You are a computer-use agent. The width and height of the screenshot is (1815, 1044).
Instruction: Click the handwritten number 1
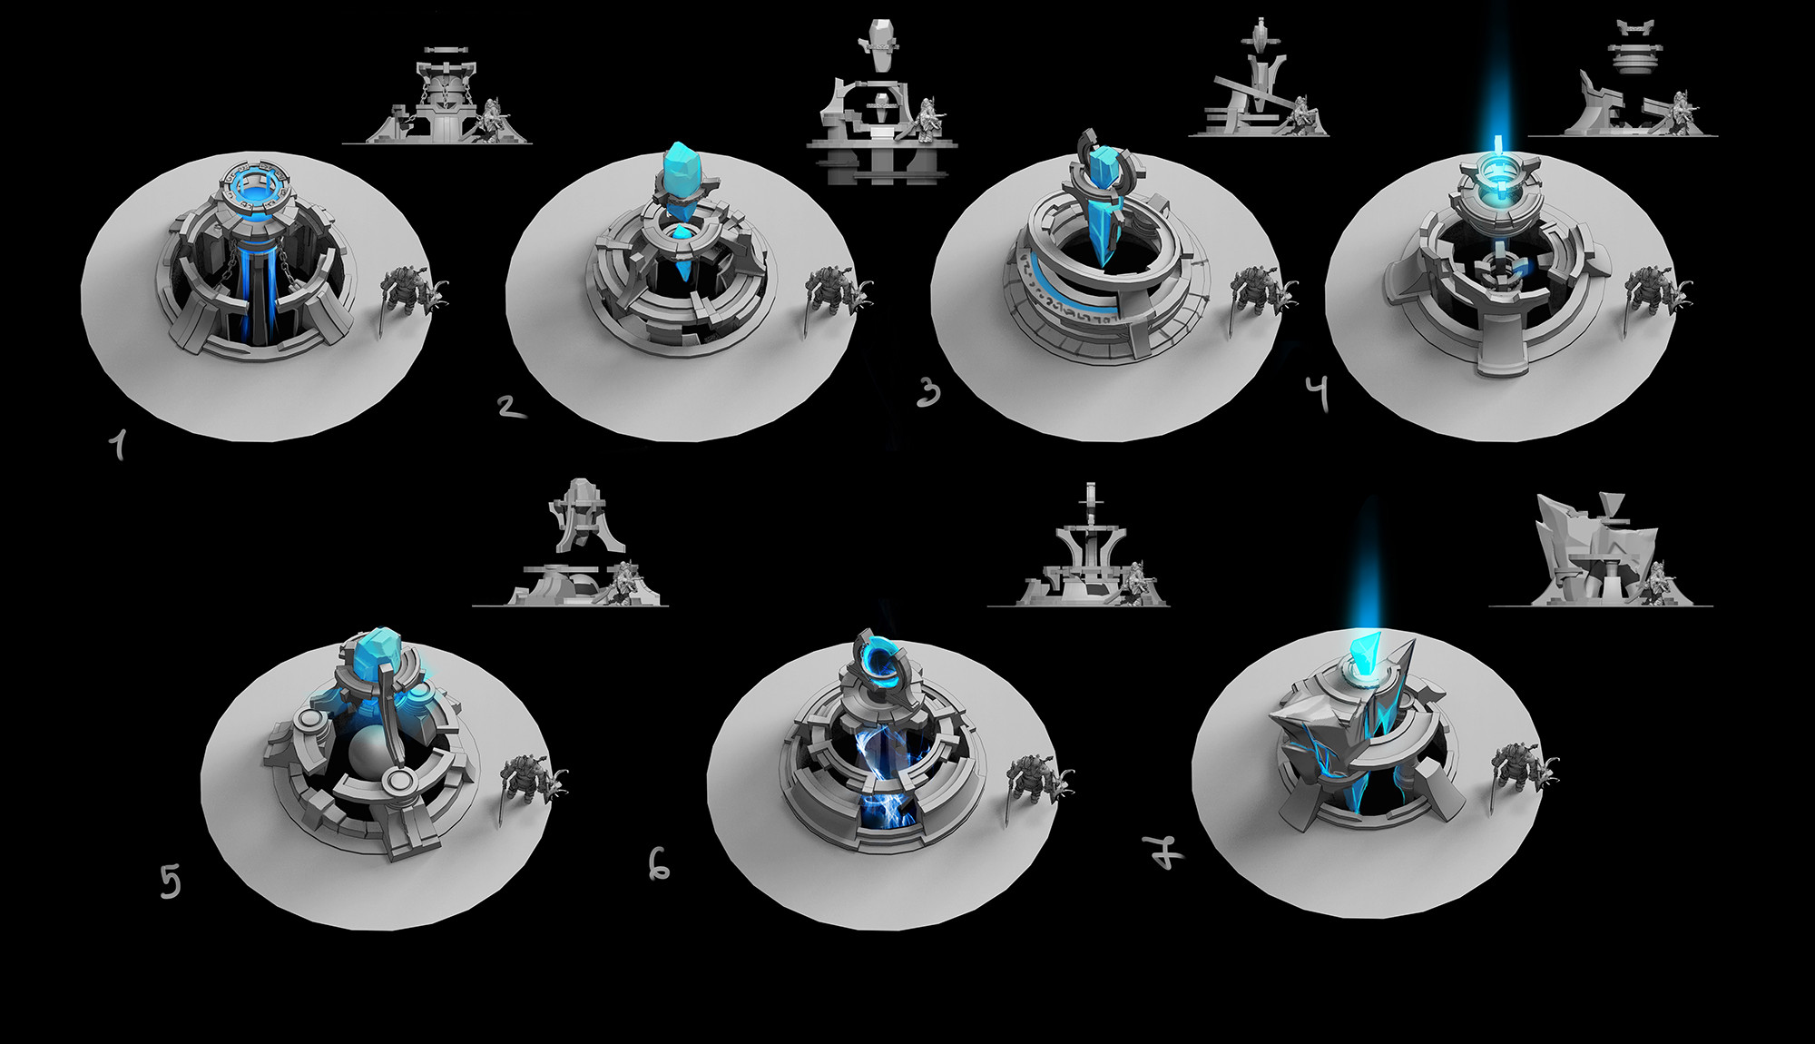117,445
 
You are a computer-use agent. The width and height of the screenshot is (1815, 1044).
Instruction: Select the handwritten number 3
928,392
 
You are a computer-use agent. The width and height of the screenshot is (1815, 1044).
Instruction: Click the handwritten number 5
170,881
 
